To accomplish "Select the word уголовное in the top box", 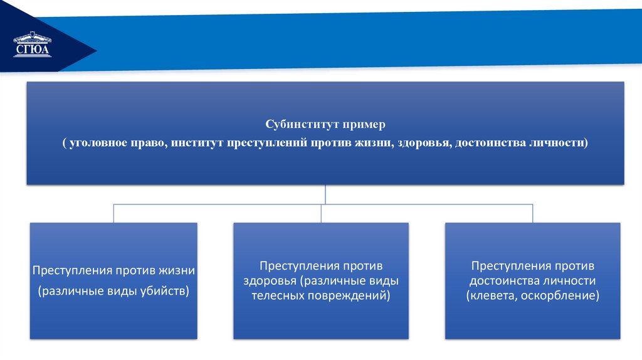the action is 97,143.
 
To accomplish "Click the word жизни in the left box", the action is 179,272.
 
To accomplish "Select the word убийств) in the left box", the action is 166,292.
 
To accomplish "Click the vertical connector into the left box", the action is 113,213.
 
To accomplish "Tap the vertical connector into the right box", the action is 532,213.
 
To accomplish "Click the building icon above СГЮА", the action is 33,38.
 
